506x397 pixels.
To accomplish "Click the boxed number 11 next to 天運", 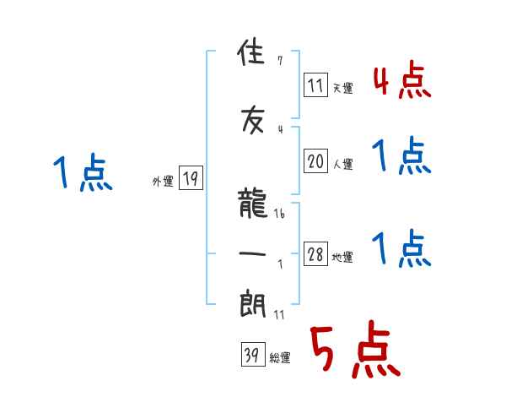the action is pyautogui.click(x=316, y=84).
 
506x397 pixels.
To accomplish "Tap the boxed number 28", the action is pyautogui.click(x=316, y=255).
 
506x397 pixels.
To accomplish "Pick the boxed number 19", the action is pyautogui.click(x=191, y=178).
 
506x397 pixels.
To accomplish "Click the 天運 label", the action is pyautogui.click(x=342, y=88).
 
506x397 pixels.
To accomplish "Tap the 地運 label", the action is pyautogui.click(x=342, y=258).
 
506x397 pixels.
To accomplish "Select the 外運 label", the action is pyautogui.click(x=163, y=181).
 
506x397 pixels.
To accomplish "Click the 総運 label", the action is pyautogui.click(x=279, y=358).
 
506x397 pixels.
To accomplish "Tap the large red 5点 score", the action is pyautogui.click(x=353, y=351).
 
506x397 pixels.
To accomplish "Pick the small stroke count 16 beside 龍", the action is pyautogui.click(x=279, y=215).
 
